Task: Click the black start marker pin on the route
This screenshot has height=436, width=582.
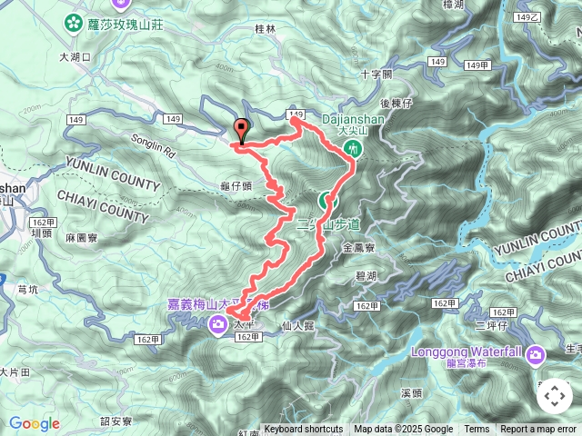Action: (241, 131)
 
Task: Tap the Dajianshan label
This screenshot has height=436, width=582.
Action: (355, 117)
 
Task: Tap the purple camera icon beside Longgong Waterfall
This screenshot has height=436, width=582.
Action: (536, 352)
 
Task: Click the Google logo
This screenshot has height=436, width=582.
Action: (34, 423)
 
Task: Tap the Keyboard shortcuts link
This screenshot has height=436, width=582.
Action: (304, 430)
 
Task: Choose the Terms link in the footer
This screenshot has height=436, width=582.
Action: (477, 430)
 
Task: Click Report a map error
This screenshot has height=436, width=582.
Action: (539, 430)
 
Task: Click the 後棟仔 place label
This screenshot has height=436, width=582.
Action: (396, 103)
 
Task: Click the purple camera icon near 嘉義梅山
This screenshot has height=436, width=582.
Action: (218, 324)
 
